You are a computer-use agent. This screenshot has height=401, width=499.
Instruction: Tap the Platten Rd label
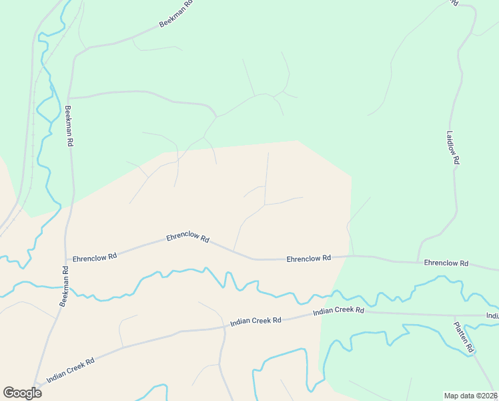point(464,338)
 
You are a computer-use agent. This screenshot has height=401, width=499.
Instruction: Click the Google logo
point(22,393)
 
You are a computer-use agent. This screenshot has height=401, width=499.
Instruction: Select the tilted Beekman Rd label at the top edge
point(176,14)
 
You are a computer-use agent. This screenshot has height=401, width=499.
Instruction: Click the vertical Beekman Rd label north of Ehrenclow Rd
point(69,126)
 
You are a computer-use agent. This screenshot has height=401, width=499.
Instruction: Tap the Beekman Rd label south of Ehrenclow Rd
point(65,287)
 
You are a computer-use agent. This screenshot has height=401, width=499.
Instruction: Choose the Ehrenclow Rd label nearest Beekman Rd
point(95,256)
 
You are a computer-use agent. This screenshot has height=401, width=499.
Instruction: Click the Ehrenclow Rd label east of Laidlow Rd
point(446,263)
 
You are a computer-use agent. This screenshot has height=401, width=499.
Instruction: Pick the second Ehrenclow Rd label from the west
point(188,238)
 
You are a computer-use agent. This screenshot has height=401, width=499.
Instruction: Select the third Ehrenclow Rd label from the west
point(309,258)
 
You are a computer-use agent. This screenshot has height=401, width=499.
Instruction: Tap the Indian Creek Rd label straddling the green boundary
point(339,311)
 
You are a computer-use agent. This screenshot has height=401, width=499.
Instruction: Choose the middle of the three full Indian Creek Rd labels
point(256,321)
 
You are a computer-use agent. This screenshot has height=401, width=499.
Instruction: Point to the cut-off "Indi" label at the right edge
point(492,315)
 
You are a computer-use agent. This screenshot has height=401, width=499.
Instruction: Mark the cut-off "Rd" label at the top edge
point(455,3)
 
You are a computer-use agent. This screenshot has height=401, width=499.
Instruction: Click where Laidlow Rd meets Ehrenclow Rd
point(418,262)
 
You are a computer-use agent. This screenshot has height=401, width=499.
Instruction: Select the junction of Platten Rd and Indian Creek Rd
point(455,315)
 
